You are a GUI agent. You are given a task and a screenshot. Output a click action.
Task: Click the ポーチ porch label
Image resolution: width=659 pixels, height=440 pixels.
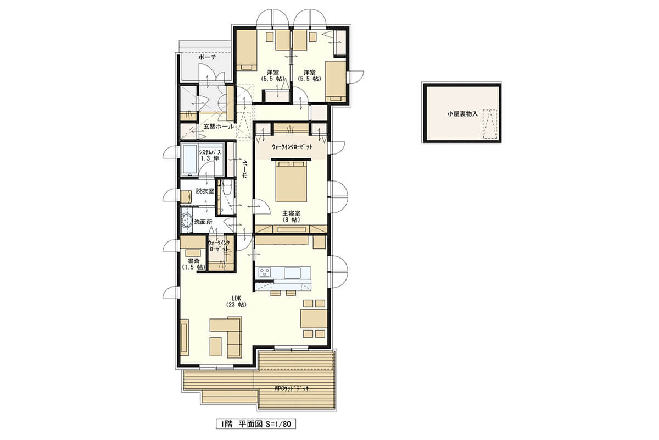[207, 57]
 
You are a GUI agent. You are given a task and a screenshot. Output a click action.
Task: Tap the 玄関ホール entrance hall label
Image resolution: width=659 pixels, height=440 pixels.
[219, 127]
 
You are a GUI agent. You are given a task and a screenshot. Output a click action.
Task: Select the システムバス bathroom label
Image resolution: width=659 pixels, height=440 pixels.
[210, 152]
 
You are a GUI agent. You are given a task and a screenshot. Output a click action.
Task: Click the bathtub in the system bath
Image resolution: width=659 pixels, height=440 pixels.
[190, 159]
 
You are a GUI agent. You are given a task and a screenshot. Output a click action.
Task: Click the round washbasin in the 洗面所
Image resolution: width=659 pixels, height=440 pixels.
[186, 219]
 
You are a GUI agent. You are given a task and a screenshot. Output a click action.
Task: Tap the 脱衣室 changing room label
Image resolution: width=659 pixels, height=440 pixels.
[205, 191]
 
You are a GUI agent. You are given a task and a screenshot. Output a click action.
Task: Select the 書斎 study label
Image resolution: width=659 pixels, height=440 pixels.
[193, 261]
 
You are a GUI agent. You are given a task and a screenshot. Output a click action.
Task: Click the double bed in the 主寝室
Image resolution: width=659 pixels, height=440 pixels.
[291, 180]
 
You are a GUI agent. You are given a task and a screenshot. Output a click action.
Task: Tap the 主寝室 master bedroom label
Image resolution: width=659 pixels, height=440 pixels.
[291, 213]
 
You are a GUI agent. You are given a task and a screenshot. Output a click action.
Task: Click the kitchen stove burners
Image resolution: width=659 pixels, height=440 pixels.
[264, 273]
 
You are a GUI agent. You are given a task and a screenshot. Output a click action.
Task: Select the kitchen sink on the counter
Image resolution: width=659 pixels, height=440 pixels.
[292, 273]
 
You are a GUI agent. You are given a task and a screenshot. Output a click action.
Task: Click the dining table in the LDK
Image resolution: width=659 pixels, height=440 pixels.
[314, 318]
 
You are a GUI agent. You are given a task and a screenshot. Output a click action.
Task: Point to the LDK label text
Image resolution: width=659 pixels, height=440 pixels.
[236, 298]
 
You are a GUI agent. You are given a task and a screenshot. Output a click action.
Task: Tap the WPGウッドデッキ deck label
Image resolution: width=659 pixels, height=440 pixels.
[292, 388]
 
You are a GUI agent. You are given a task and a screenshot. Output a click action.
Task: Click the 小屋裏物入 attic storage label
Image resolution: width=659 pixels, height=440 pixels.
[462, 113]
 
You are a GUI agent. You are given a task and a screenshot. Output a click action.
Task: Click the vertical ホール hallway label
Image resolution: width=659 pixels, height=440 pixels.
[245, 169]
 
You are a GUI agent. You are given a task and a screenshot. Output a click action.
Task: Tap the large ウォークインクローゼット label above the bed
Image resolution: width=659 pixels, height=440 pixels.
[292, 146]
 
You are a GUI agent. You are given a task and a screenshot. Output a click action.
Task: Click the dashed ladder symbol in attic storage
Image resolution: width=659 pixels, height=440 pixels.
[490, 124]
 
